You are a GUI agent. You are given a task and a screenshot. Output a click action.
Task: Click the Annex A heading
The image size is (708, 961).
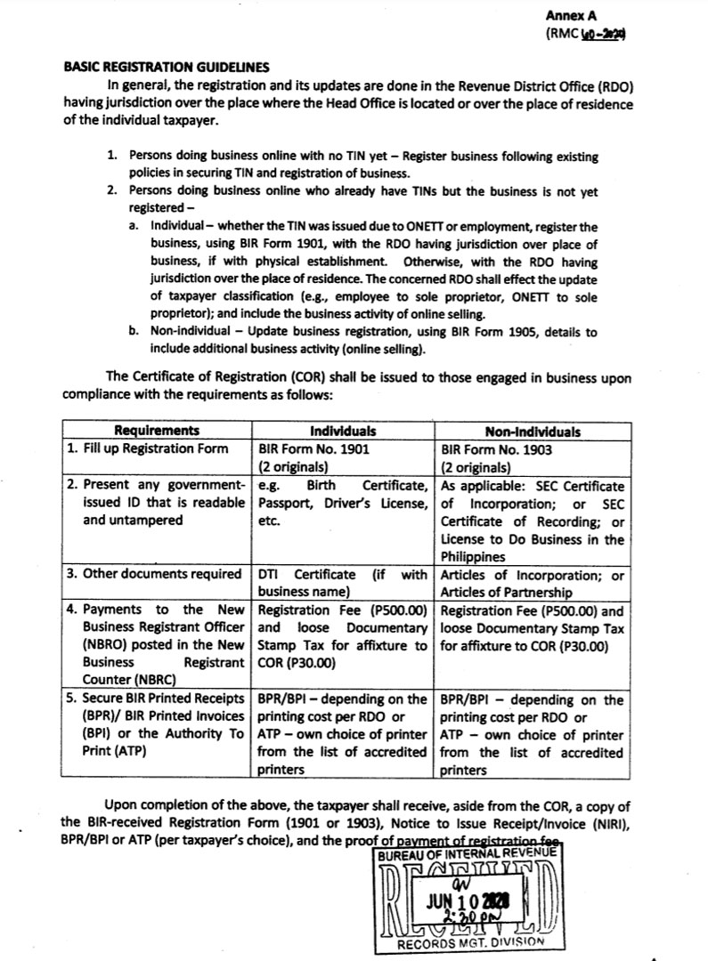pos(575,16)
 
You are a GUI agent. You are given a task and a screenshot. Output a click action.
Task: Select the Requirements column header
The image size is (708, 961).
pos(157,432)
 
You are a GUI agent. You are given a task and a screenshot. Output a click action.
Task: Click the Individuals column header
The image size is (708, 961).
pos(343,432)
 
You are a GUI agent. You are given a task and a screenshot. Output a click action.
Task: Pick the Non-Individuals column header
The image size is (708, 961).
pos(532,432)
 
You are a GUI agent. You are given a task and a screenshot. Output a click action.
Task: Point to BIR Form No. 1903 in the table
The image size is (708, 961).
pos(496,449)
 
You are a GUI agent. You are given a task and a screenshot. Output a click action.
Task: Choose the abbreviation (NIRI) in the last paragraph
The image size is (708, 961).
pos(606,823)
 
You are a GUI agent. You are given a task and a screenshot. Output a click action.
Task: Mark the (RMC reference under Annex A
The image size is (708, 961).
pos(585,35)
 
